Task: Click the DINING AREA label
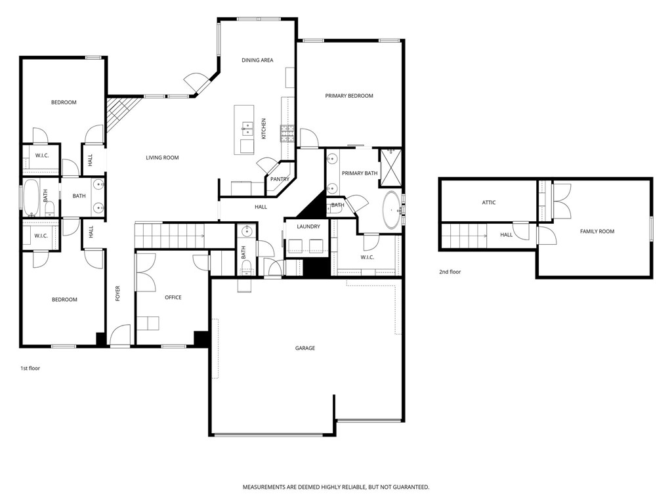point(257,60)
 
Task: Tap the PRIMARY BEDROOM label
point(349,96)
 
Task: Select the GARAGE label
point(304,348)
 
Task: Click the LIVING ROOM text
point(162,157)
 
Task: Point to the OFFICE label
point(173,297)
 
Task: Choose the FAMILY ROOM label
point(597,231)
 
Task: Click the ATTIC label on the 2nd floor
point(489,203)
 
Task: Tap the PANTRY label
point(280,179)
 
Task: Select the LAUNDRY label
point(308,226)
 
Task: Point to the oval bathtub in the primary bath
point(392,210)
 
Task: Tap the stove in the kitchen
point(287,133)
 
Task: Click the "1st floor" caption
point(30,368)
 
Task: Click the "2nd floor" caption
point(450,272)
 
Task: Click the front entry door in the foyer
point(120,337)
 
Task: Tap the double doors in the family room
point(562,199)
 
